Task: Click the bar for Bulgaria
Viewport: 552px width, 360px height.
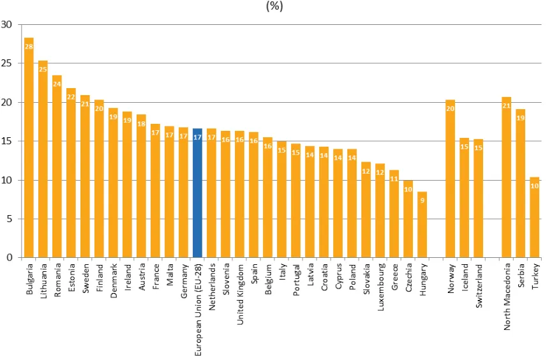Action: coord(29,147)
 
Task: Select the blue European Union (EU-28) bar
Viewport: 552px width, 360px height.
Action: coord(197,193)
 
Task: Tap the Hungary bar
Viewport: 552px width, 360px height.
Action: coord(422,225)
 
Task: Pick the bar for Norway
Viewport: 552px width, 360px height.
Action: coord(451,179)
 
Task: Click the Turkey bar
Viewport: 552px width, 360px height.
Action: coord(534,217)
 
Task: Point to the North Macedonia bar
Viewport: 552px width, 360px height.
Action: coord(506,177)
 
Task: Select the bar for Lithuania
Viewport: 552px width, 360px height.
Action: coord(43,159)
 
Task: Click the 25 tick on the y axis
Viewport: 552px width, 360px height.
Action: coord(6,63)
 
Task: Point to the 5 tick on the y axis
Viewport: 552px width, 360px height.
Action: coord(9,219)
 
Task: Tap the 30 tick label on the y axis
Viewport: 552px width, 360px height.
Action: coord(6,24)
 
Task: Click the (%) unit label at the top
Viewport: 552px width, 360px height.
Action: coord(274,6)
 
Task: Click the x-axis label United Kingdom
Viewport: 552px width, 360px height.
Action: coord(240,294)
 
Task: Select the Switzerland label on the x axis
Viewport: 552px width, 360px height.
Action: coord(479,286)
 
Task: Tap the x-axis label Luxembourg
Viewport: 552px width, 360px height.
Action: coord(380,287)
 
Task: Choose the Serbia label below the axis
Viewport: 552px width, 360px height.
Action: coord(521,276)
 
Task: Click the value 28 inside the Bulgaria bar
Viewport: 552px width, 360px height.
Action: coord(29,46)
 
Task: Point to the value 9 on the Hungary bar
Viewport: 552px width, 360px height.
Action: coord(422,200)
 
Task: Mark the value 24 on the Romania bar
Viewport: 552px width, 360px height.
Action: coord(57,84)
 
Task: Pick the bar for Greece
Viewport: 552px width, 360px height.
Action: coord(394,214)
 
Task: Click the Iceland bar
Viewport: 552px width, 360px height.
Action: coord(465,198)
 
